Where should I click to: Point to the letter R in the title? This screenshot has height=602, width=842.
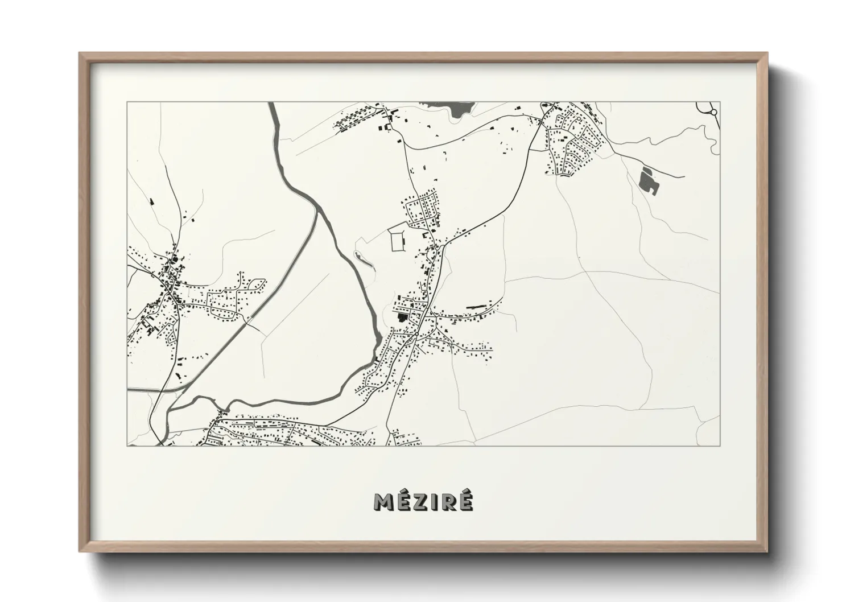coord(449,502)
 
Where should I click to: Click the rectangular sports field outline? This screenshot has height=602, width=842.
coord(397,240)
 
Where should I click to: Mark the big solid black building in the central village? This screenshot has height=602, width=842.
coord(403,318)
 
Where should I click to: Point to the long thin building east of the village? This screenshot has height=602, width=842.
coord(477,307)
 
